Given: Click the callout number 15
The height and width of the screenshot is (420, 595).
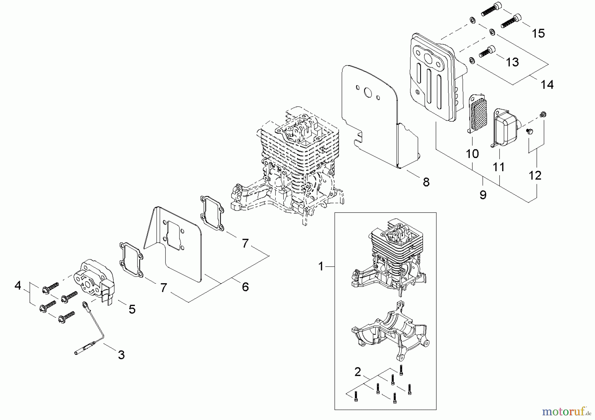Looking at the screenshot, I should click(x=538, y=33).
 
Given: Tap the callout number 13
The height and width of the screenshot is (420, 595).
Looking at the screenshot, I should click(x=512, y=62).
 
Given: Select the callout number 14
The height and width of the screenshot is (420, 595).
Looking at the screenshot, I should click(x=547, y=85).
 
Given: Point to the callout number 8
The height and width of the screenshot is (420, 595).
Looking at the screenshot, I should click(x=426, y=182).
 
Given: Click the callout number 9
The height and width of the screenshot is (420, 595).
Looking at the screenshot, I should click(x=483, y=195).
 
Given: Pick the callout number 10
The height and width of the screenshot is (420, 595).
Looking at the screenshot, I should click(x=472, y=154).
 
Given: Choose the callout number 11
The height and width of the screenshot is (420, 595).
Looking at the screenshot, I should click(x=499, y=167).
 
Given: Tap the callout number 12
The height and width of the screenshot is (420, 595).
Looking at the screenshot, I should click(x=535, y=175).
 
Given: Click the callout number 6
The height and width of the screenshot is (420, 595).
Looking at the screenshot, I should click(x=245, y=286).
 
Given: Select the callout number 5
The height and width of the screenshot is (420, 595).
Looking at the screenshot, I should click(x=132, y=309).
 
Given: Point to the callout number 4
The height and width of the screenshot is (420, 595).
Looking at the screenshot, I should click(x=18, y=285).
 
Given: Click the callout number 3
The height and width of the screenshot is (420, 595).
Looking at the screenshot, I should click(x=121, y=355).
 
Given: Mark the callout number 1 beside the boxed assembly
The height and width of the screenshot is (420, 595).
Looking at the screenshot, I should click(x=320, y=266).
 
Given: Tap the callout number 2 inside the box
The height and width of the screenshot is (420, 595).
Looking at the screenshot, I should click(x=357, y=372).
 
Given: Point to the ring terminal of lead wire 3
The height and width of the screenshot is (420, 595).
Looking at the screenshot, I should click(x=85, y=304).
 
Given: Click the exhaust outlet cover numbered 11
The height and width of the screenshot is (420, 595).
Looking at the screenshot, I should click(x=505, y=128).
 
